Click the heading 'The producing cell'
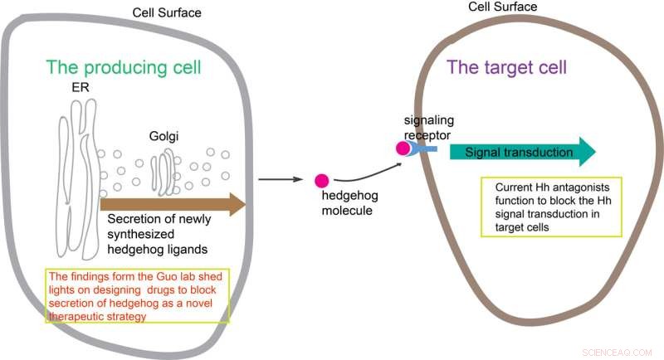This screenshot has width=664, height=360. (x=125, y=67)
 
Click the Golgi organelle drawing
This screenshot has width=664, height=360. (x=164, y=171)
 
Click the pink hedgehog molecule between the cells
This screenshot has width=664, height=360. (x=321, y=180)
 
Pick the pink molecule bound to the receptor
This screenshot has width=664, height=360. (x=403, y=148)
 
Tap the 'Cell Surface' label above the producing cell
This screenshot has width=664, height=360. (x=167, y=12)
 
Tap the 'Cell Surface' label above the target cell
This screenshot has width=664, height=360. (x=503, y=7)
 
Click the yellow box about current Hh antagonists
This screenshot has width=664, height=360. (x=550, y=206)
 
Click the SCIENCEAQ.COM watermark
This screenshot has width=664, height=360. (x=622, y=349)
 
